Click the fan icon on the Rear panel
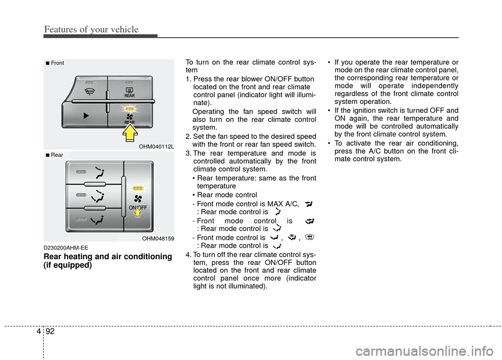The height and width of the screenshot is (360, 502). pos(138,199)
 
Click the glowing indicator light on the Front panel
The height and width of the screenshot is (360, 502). pos(129,108)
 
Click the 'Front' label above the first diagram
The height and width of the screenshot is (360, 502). pos(57,63)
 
